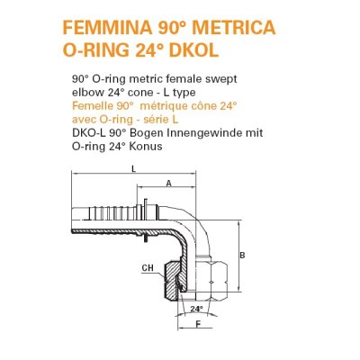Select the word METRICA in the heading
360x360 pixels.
(247, 27)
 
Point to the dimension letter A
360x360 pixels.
(170, 183)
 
